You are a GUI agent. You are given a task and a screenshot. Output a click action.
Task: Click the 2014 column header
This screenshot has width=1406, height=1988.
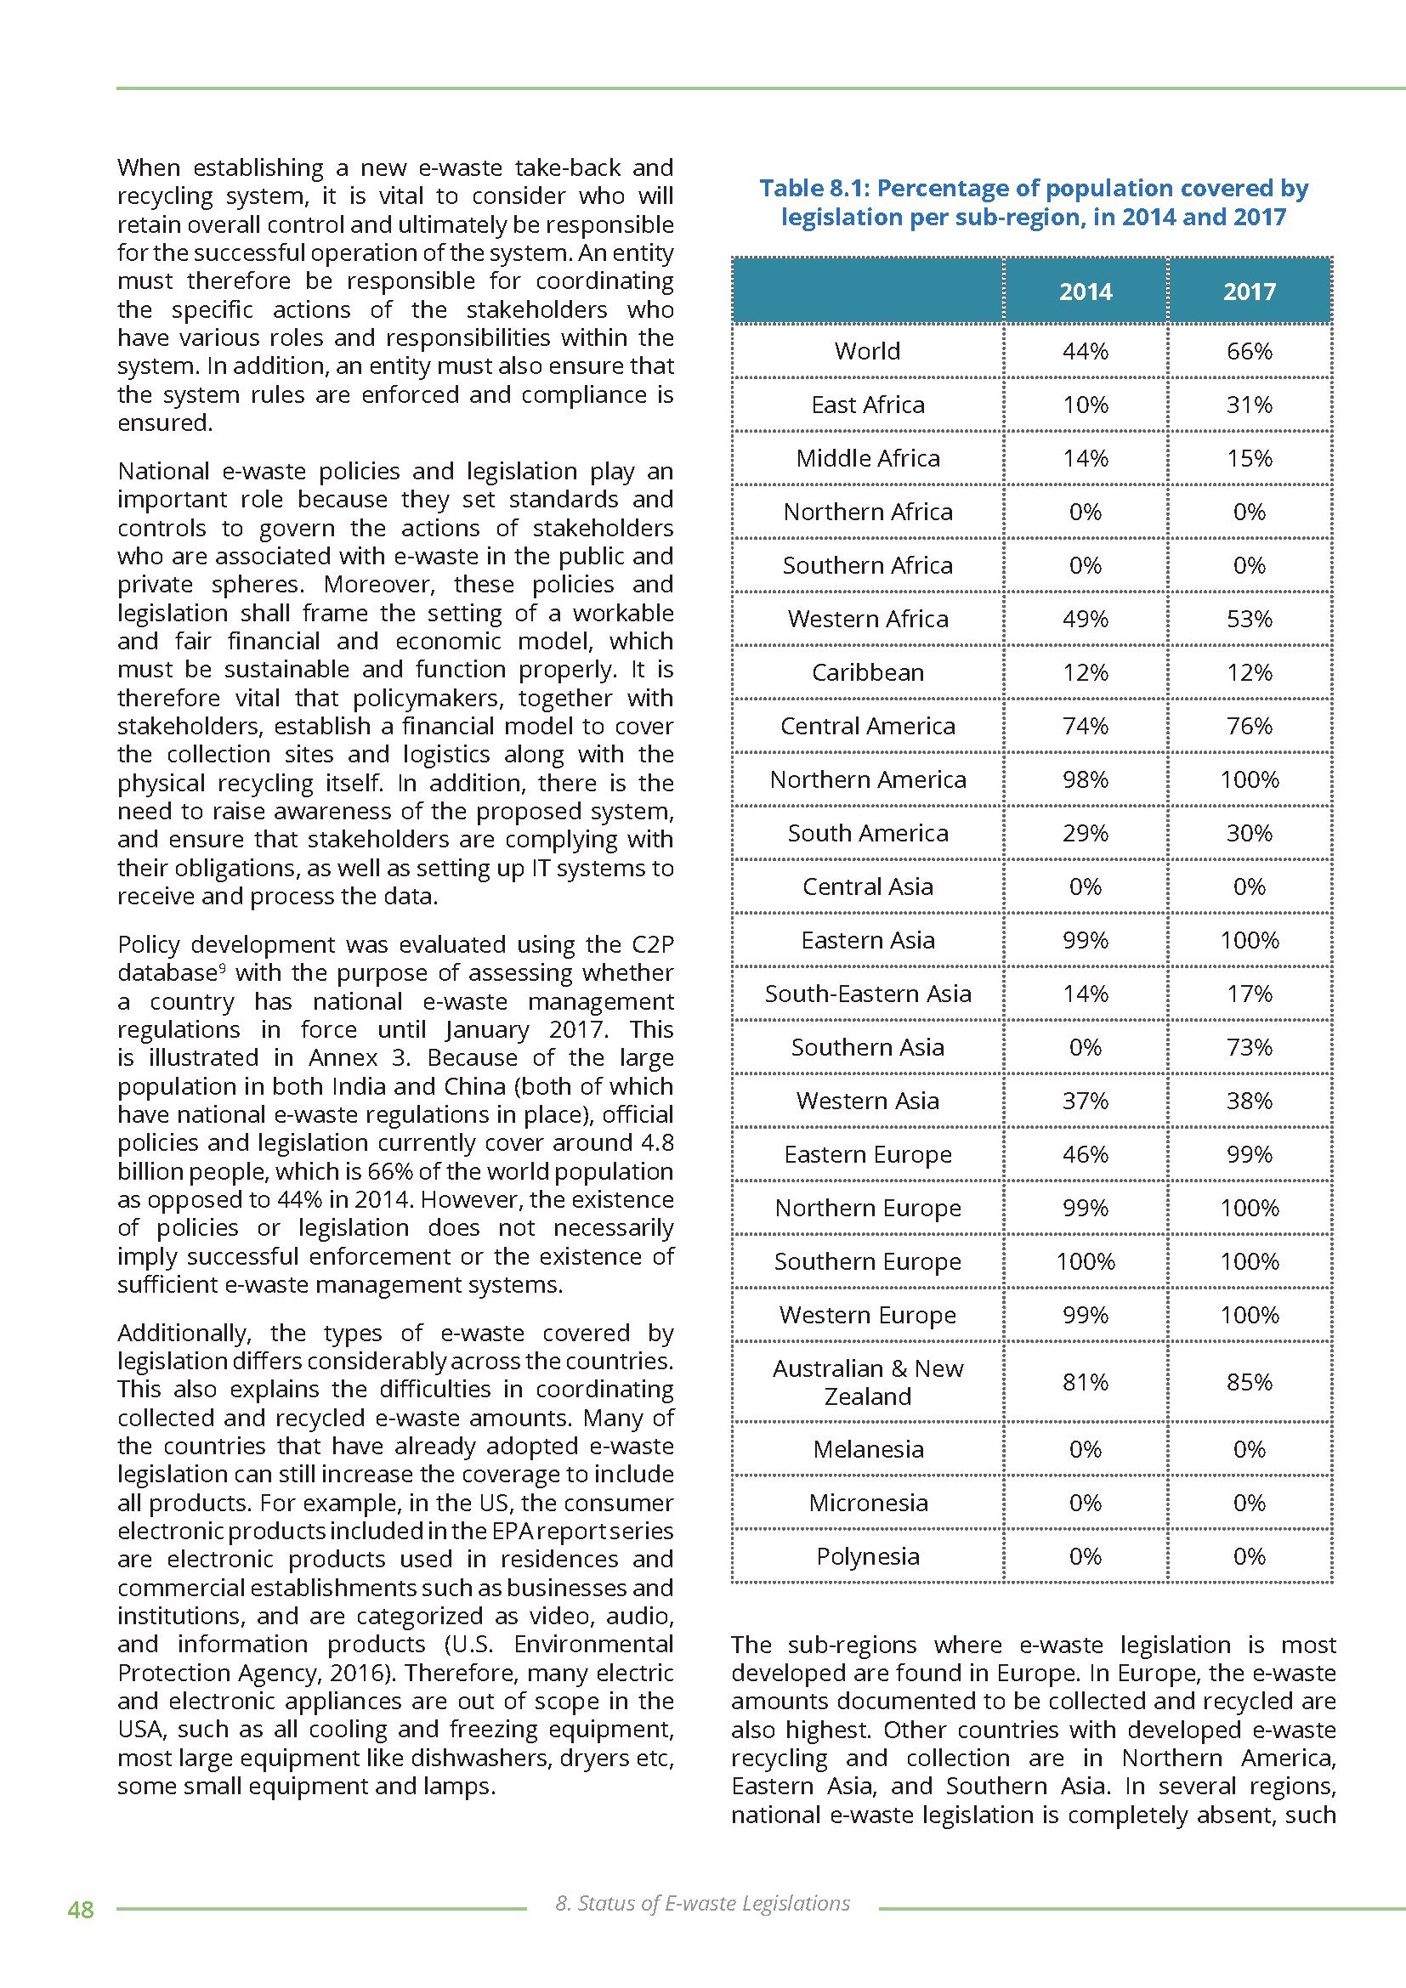(x=1085, y=291)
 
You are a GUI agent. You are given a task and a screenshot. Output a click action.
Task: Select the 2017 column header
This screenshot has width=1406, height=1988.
(x=1249, y=291)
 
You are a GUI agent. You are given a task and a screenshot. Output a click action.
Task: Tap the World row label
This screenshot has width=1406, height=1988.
(x=868, y=351)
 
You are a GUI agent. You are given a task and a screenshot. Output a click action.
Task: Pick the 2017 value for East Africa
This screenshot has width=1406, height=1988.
(x=1249, y=405)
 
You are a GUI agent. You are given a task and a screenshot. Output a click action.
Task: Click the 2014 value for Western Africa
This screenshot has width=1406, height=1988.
(x=1085, y=619)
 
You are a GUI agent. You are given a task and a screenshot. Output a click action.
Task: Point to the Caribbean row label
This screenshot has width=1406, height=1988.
(x=868, y=673)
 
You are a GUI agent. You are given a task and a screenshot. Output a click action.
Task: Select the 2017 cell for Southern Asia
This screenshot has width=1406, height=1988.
(x=1249, y=1048)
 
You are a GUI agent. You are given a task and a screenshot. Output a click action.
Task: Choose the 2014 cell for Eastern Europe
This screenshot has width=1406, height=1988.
(x=1085, y=1154)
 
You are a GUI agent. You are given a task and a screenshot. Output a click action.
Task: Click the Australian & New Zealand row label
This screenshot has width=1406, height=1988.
(x=868, y=1382)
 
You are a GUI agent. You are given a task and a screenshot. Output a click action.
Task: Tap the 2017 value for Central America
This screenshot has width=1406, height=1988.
(x=1249, y=726)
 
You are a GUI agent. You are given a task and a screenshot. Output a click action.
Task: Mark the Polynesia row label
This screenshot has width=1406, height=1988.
(x=868, y=1556)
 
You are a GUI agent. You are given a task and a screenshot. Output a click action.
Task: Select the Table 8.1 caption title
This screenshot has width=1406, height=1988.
(x=1033, y=201)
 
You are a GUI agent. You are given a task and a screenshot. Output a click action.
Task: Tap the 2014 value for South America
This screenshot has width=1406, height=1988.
(x=1085, y=833)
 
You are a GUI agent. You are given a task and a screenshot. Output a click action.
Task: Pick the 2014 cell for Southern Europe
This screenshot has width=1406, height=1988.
(x=1085, y=1261)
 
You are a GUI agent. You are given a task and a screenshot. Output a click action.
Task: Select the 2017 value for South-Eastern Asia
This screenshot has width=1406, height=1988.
(x=1249, y=994)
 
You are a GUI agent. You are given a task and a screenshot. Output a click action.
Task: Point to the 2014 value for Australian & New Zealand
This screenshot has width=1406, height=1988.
(x=1085, y=1382)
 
